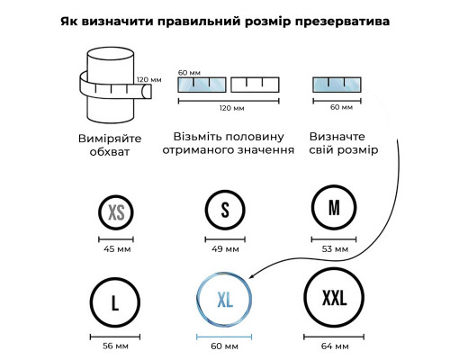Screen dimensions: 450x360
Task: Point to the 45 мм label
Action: click(x=117, y=249)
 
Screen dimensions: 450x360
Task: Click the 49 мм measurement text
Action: click(x=225, y=249)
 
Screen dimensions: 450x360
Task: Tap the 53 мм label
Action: click(x=335, y=249)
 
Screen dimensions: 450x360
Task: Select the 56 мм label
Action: click(x=115, y=346)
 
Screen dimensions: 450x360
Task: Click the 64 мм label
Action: click(x=335, y=346)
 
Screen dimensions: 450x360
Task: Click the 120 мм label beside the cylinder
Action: click(x=149, y=79)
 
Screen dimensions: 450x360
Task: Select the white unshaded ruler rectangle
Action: click(x=255, y=85)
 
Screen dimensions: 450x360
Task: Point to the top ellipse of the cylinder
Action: click(x=111, y=48)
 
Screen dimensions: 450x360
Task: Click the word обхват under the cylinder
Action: click(x=110, y=152)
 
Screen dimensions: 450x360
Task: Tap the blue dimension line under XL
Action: click(x=224, y=337)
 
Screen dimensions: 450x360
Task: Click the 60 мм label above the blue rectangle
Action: click(x=189, y=73)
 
